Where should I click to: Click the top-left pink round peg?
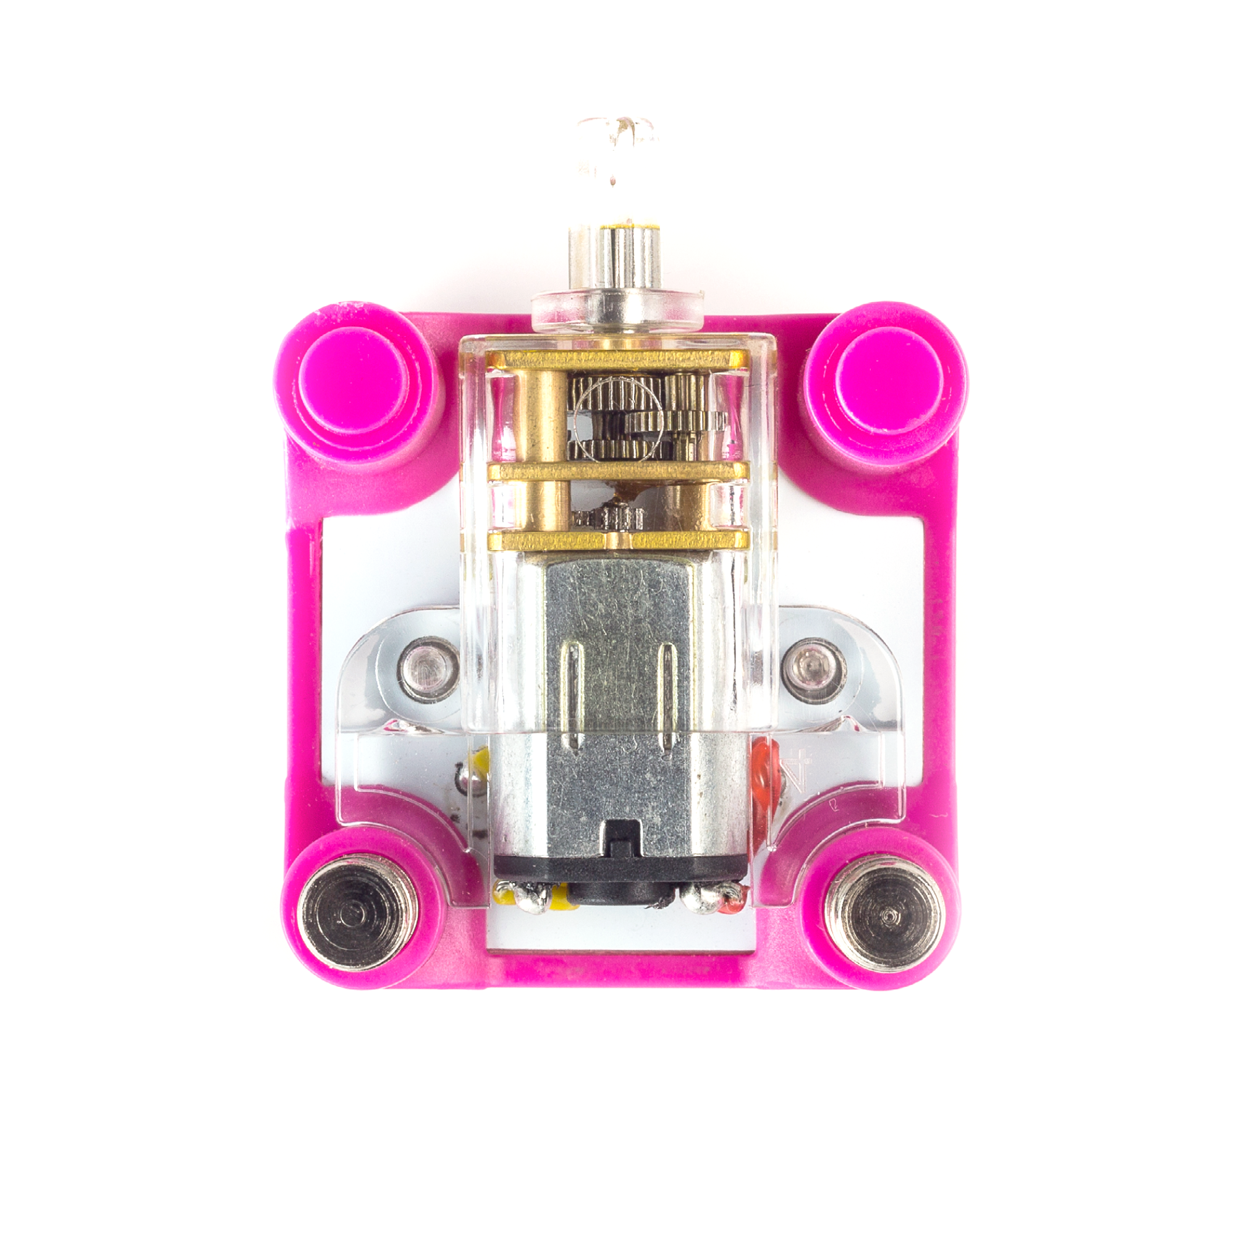353,379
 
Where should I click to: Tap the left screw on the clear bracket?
430,669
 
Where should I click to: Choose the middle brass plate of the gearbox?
617,472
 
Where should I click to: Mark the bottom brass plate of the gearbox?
617,541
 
